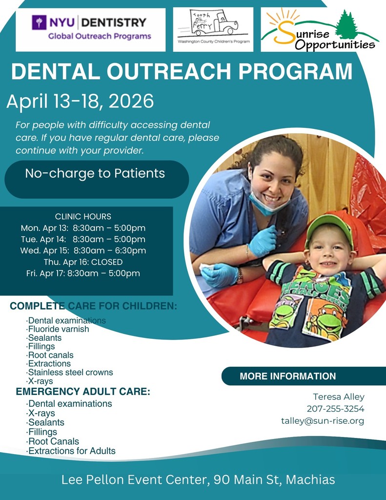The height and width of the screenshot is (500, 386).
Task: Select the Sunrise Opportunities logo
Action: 320,30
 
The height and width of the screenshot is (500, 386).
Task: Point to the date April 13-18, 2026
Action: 80,102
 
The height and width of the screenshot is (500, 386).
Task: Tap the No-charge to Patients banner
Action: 95,173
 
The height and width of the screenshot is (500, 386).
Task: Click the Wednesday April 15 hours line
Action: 83,250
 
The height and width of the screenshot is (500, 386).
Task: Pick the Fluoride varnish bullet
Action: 58,329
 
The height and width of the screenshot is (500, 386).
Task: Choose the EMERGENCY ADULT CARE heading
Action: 83,392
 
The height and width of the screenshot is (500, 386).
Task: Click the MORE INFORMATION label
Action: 287,376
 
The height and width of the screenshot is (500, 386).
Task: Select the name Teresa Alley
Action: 339,396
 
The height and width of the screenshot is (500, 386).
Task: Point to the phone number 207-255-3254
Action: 335,409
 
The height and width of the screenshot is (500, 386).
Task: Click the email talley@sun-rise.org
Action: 323,420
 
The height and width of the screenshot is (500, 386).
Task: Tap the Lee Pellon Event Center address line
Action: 198,479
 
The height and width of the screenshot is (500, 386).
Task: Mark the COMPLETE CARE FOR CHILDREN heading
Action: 93,307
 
